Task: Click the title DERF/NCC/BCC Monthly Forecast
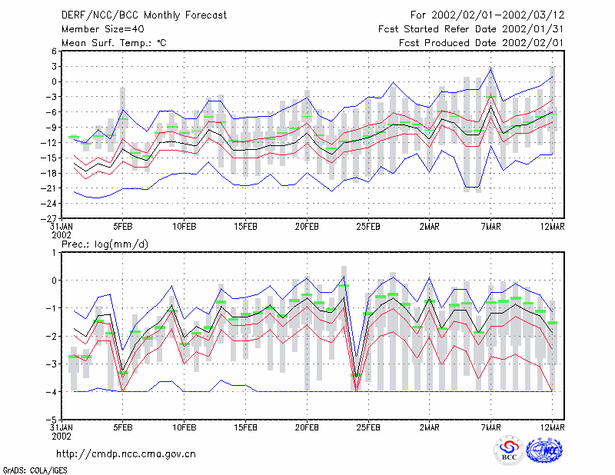pos(144,15)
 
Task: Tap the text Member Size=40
pos(103,29)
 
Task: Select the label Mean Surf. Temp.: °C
pos(114,43)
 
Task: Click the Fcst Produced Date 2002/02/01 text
pos(481,43)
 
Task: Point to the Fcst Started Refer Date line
pos(471,29)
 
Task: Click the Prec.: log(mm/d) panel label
pos(105,244)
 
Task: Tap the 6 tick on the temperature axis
pos(54,51)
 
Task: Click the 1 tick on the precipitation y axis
pos(54,253)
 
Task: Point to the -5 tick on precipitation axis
pos(52,420)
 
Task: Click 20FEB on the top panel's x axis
pos(307,227)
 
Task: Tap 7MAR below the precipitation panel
pos(490,427)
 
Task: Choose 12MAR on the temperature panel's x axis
pos(552,227)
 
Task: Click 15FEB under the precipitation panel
pos(245,427)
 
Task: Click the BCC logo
pos(509,450)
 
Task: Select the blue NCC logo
pos(544,450)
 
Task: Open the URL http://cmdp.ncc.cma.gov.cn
pos(126,454)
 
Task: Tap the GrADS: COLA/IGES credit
pos(35,470)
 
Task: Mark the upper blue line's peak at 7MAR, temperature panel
pos(490,68)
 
